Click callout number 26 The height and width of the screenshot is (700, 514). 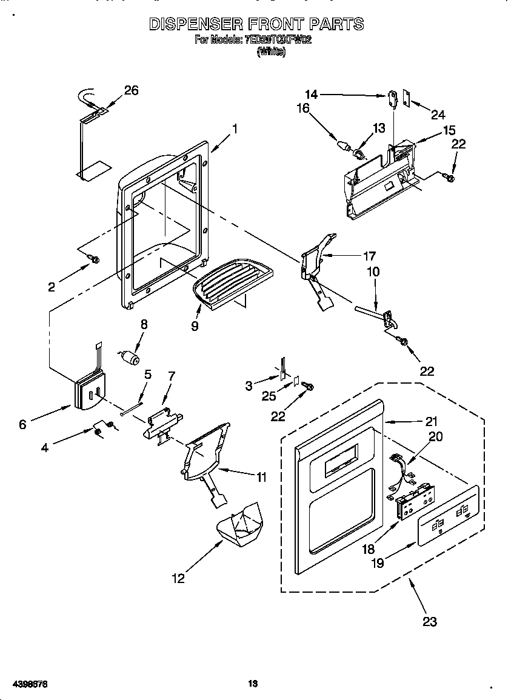click(131, 90)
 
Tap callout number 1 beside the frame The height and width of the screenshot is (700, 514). click(235, 128)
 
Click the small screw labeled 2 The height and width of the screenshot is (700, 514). click(94, 259)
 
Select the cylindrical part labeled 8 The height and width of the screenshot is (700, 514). click(128, 357)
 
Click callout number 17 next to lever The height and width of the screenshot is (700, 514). click(369, 256)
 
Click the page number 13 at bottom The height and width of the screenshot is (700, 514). click(253, 684)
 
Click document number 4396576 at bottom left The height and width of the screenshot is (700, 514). click(29, 684)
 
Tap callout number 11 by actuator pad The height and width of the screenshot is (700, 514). click(261, 478)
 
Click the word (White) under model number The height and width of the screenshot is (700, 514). click(271, 53)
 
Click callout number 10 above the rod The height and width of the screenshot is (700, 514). click(373, 272)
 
